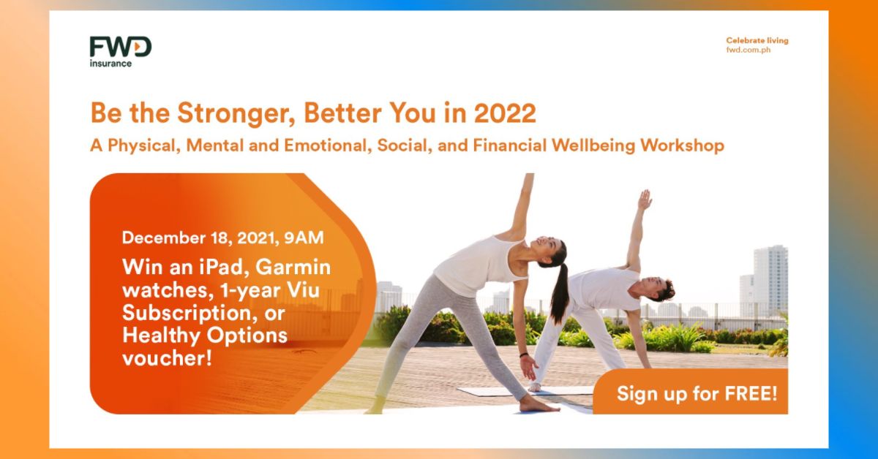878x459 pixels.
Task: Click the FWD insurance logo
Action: tap(120, 52)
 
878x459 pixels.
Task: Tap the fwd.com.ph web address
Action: tap(748, 50)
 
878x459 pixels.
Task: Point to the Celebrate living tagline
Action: tap(757, 40)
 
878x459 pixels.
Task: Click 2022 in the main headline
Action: tap(504, 113)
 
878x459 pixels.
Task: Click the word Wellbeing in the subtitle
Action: tap(593, 145)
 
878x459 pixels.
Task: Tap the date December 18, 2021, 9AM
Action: tap(223, 238)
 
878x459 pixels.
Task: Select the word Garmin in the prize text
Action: tap(293, 267)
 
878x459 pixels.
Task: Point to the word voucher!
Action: tap(168, 358)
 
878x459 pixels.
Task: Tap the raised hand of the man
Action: tap(645, 200)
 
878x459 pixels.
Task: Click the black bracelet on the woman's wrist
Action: tap(524, 355)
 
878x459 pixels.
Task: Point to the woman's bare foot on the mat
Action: tap(539, 405)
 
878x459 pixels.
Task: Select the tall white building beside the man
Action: tap(770, 280)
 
